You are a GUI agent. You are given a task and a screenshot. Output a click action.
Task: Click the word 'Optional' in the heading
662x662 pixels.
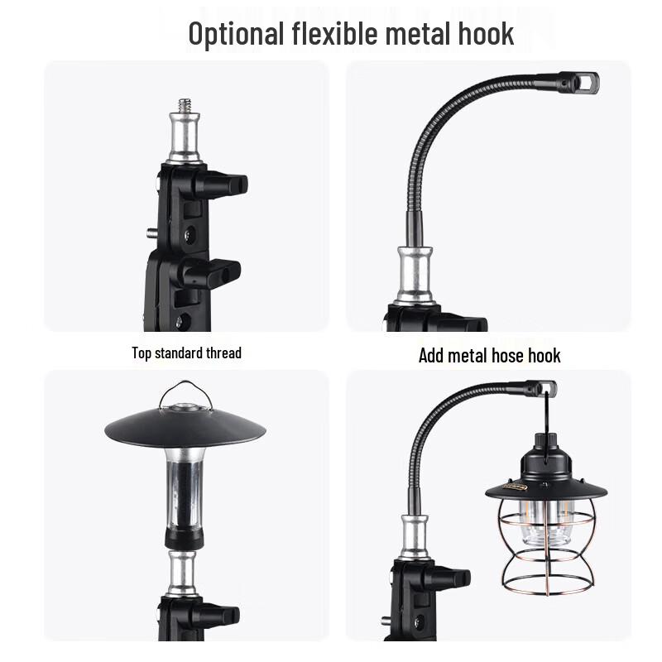pos(236,34)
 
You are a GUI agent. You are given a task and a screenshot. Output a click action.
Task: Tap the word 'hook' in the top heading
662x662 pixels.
pos(484,34)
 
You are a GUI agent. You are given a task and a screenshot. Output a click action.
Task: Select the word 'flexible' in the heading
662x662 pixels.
pos(336,34)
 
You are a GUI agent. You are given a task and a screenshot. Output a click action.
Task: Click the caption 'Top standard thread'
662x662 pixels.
pos(186,353)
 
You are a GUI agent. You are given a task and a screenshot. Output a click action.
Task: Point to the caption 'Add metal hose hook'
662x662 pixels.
pos(489,356)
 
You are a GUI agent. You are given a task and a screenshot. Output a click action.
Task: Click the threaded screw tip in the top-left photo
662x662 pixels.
pos(184,107)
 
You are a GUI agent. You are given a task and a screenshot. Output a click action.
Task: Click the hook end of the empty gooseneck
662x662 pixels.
pos(584,83)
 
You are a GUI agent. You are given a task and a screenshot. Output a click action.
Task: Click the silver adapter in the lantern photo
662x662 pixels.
pos(413,537)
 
